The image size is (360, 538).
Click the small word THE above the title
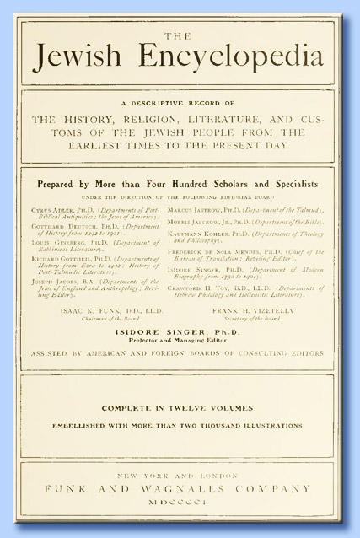coord(178,35)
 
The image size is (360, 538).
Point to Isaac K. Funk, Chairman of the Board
coord(99,335)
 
